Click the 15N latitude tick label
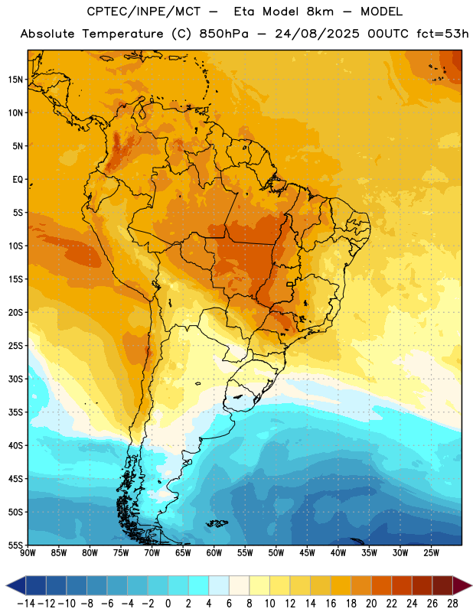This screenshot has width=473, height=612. point(15,80)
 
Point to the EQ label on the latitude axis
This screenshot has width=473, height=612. point(18,180)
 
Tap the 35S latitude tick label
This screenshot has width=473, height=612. point(15,412)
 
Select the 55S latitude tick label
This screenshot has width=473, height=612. point(15,545)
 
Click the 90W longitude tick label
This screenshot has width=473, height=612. point(28,553)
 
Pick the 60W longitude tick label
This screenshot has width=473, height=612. point(214,553)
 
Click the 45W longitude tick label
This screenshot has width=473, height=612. point(307,553)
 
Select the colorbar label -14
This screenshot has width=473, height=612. point(26,604)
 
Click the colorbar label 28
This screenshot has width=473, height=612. point(452,604)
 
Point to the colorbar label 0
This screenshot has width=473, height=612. point(168,604)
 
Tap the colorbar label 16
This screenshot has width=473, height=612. point(331,604)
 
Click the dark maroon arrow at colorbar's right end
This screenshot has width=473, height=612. point(462,585)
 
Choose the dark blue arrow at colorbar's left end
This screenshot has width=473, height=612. point(16,585)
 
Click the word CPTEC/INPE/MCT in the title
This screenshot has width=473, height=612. point(144,11)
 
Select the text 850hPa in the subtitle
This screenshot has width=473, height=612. point(223,34)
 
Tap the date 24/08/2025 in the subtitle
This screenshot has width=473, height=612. point(317,34)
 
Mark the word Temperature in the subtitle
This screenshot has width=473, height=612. point(122,34)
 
